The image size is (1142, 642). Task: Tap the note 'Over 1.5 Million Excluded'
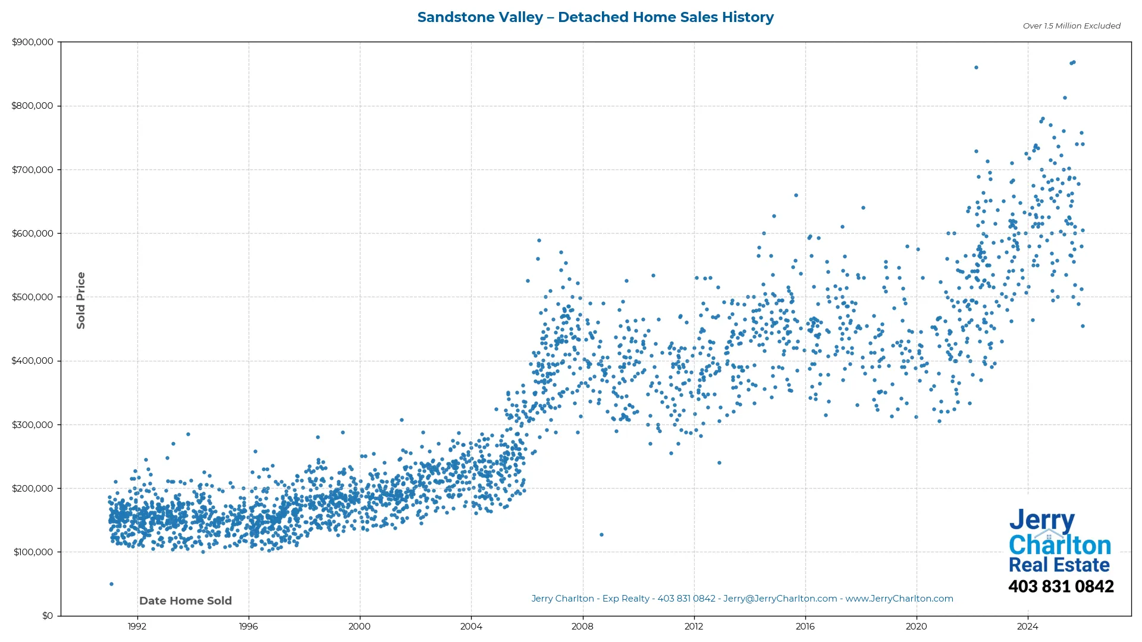pos(1071,26)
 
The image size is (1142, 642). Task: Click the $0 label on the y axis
pos(47,616)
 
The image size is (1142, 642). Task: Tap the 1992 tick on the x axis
pos(137,626)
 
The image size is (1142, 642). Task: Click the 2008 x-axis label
pos(582,626)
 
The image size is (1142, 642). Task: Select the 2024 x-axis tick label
pos(1027,626)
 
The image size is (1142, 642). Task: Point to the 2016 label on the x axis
pos(805,626)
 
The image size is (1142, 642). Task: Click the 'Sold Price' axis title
pos(81,301)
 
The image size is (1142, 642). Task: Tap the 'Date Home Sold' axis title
pos(185,601)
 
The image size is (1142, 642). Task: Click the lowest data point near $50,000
pos(111,584)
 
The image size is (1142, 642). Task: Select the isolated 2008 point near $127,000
pos(601,535)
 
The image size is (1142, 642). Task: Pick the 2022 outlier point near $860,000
pos(976,68)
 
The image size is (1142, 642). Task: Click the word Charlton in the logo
pos(1059,545)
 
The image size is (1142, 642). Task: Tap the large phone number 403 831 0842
pos(1061,587)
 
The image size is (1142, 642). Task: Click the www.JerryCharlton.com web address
pos(899,599)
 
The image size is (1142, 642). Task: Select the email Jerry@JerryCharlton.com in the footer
pos(780,599)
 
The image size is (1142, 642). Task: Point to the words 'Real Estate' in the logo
pos(1059,565)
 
